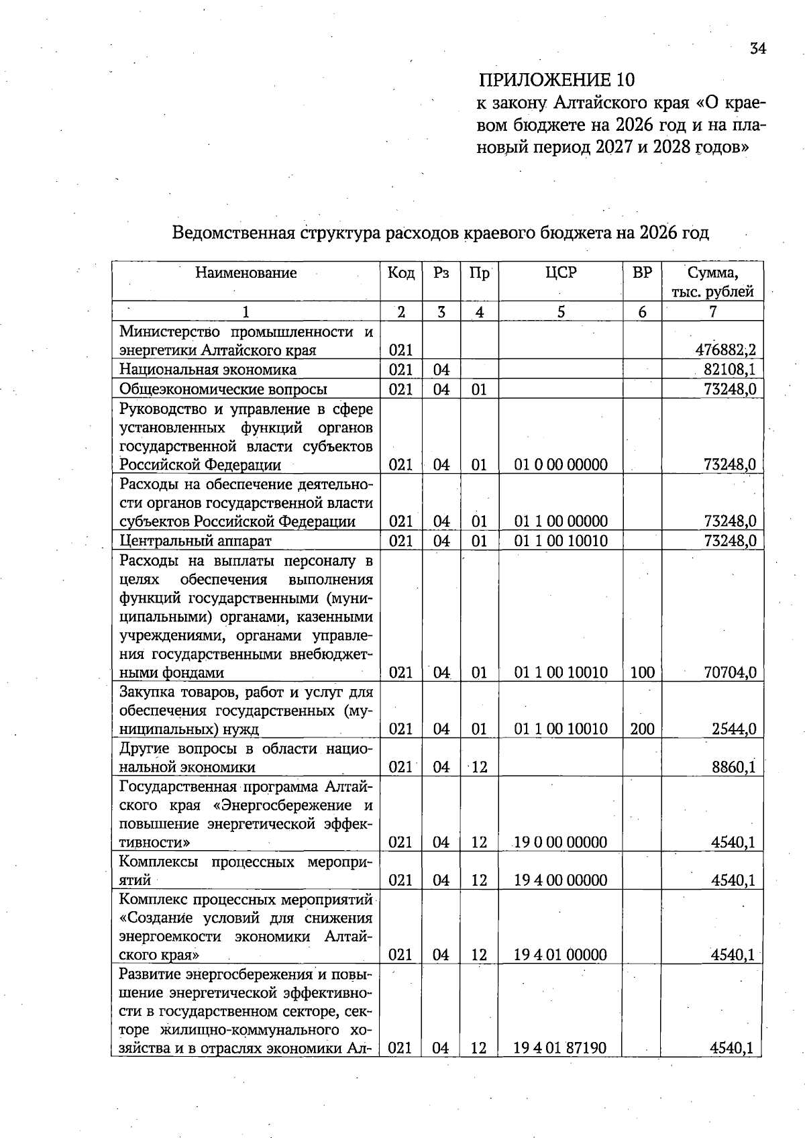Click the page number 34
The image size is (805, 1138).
pos(757,48)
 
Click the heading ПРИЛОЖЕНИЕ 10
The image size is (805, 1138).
pos(556,80)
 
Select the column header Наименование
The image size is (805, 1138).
pos(246,272)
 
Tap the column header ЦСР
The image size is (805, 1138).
pos(561,272)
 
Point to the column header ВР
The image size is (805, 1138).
pos(642,272)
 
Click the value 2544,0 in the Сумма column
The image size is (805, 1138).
pos(734,729)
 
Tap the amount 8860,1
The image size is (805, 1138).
pos(734,766)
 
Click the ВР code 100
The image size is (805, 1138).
pos(642,672)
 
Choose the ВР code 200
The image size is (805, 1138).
pos(642,729)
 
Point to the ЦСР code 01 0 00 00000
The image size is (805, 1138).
pos(561,464)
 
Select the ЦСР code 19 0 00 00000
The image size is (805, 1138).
pos(561,842)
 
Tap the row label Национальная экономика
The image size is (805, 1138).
pos(207,369)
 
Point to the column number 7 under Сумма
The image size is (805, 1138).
pos(712,311)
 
